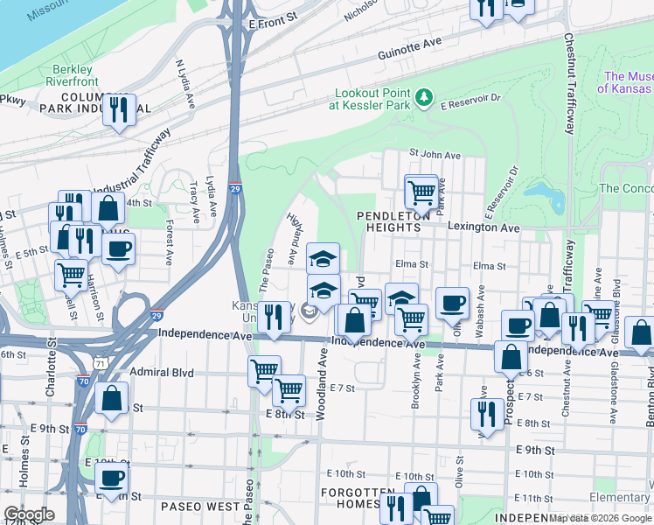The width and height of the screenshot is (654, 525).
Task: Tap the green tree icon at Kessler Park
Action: (x=425, y=95)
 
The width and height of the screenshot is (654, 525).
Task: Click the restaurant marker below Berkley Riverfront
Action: (x=119, y=110)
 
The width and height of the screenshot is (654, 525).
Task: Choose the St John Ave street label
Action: (x=435, y=155)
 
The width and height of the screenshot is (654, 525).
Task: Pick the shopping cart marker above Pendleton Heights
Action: (x=421, y=190)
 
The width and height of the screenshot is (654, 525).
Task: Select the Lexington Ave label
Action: (x=484, y=227)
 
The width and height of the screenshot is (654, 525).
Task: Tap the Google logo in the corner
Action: (x=29, y=514)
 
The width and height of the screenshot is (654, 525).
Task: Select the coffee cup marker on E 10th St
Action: (x=111, y=478)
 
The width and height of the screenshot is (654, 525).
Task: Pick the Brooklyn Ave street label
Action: (x=414, y=386)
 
